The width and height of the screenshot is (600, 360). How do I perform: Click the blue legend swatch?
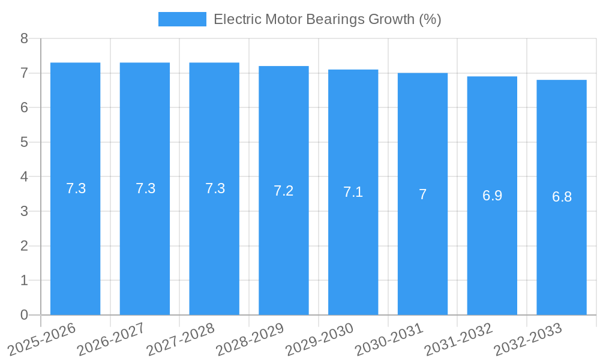coord(182,19)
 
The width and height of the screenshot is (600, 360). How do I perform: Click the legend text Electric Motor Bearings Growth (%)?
coord(327,19)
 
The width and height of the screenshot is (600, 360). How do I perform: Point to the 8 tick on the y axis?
coord(24,39)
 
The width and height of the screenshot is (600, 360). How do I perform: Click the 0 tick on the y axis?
coord(24,315)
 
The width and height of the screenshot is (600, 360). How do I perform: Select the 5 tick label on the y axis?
coord(24,142)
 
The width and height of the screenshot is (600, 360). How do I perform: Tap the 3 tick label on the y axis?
coord(24,211)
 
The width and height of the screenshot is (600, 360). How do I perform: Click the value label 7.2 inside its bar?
coord(284,191)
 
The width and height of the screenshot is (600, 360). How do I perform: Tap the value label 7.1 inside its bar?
coord(353,192)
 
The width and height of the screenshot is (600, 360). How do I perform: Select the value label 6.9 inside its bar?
coord(492,196)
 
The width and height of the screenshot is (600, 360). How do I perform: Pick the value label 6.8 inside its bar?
coord(562,197)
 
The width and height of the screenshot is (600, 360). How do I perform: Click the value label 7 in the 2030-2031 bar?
coord(422,194)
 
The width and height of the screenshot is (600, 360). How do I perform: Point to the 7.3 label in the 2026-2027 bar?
coord(145,188)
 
